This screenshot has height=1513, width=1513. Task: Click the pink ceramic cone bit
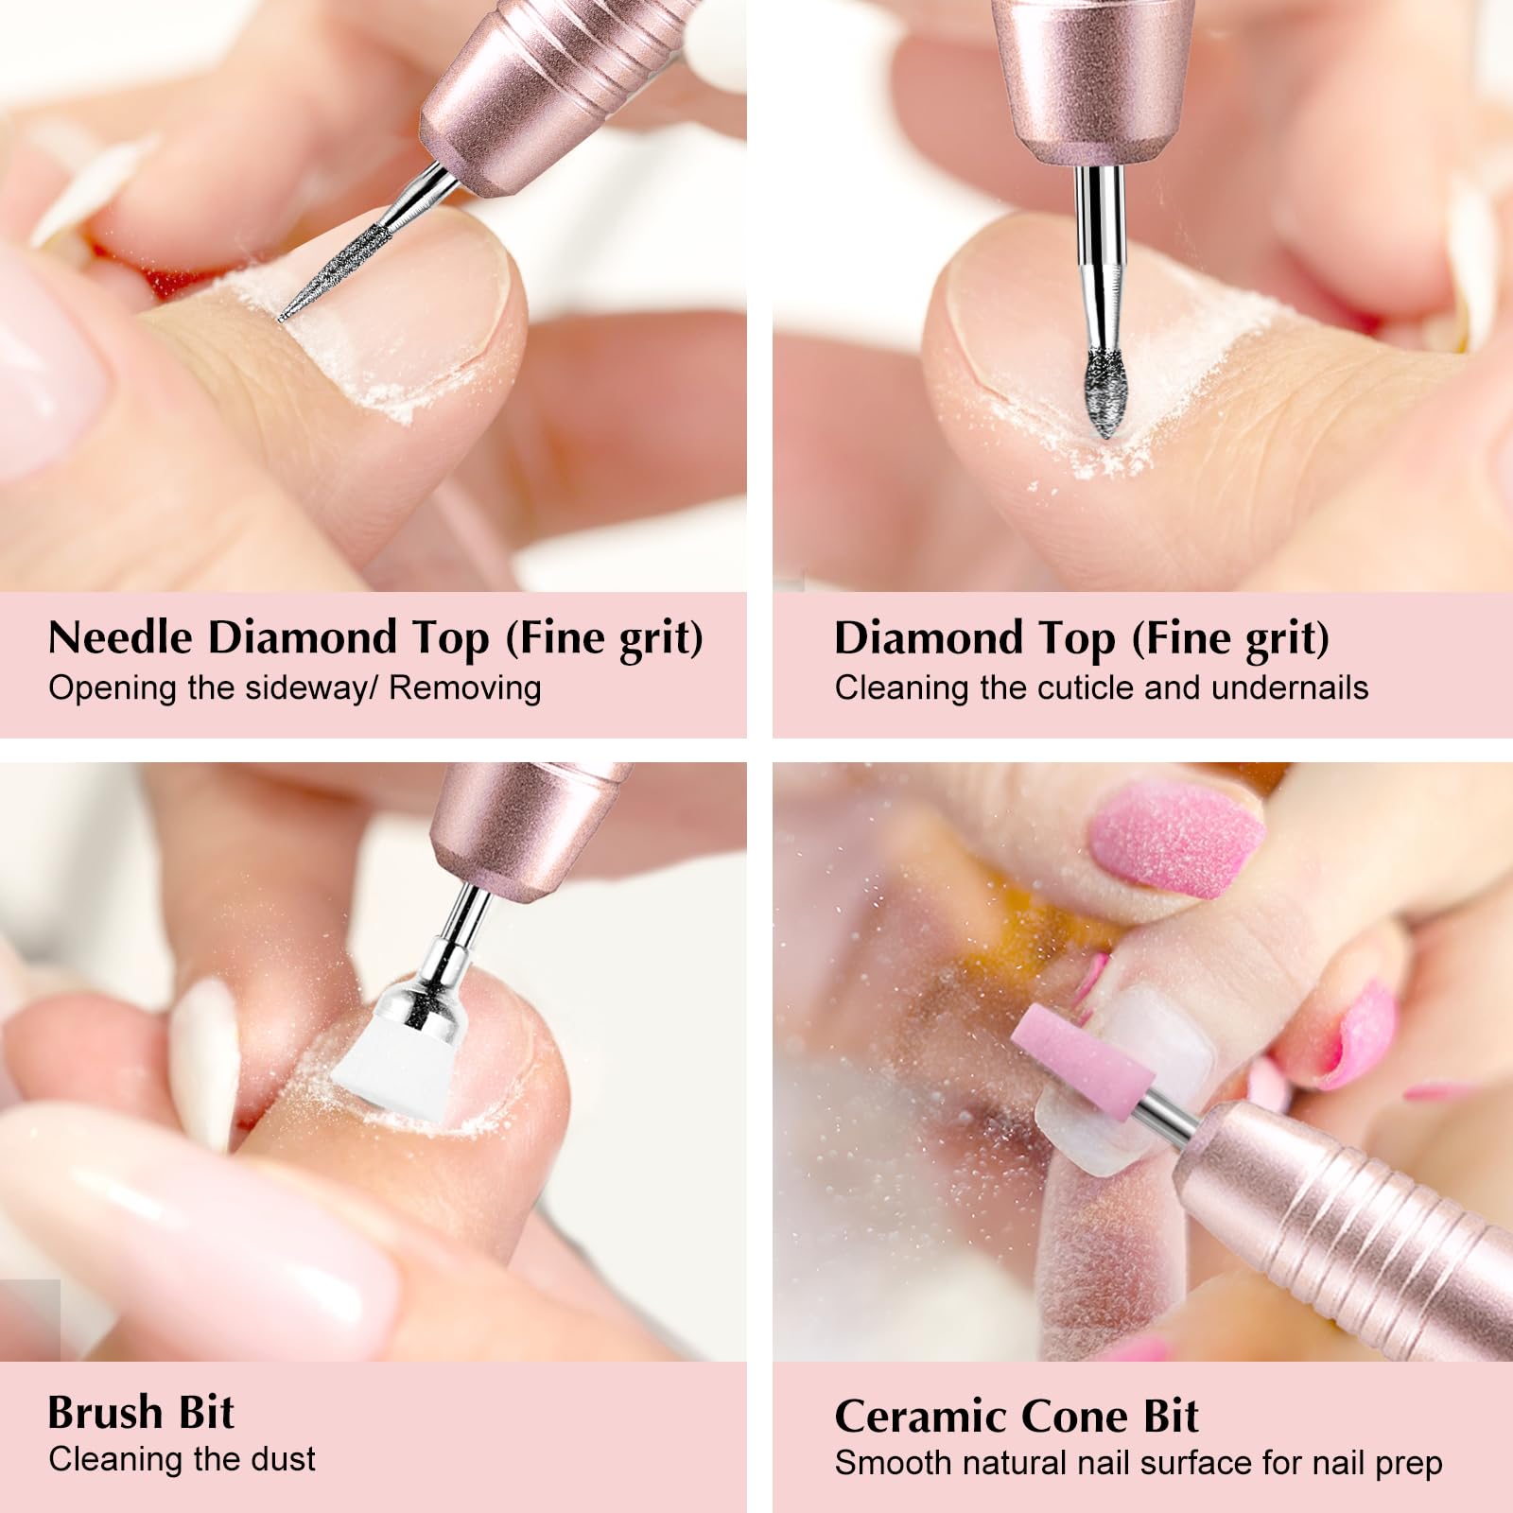point(1082,1062)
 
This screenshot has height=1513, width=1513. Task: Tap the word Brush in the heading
point(106,1413)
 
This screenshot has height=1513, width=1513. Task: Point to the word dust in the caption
point(284,1460)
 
